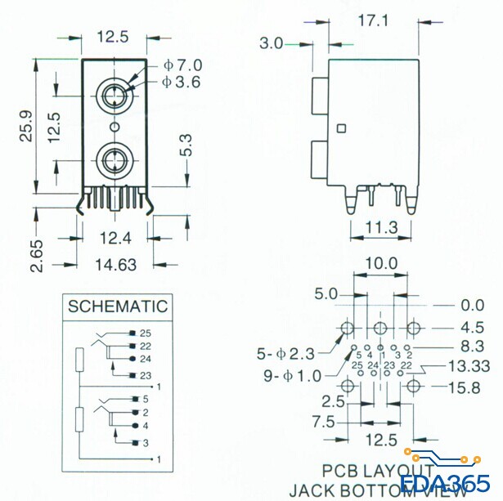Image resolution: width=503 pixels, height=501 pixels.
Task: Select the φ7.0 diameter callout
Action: (181, 65)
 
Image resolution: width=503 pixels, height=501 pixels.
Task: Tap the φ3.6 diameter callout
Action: (181, 82)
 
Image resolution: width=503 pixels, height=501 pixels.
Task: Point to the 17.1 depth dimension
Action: (372, 21)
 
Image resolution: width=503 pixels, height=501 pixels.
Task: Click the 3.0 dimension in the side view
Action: (272, 42)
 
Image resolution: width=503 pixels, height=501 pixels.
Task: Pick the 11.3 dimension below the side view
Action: (381, 226)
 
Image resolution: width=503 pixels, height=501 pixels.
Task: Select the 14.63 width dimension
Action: (115, 264)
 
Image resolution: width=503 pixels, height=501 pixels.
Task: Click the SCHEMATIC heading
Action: (118, 307)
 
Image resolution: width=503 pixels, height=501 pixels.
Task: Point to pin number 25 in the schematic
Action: (146, 333)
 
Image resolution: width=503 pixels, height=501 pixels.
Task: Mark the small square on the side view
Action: (341, 127)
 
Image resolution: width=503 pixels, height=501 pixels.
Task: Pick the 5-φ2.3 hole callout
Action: (287, 354)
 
